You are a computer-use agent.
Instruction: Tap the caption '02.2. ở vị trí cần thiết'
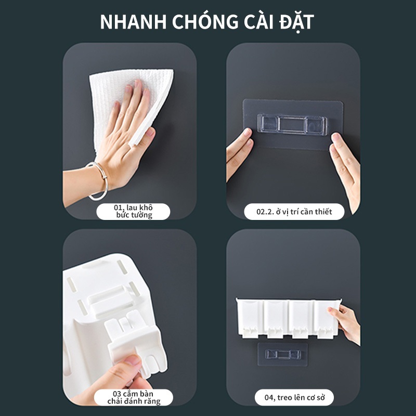(294, 212)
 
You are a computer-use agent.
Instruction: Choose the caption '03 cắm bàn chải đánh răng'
(134, 397)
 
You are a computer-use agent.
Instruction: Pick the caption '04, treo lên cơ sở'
(294, 397)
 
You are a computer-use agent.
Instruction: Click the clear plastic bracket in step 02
(292, 125)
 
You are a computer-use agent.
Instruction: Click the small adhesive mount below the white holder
(283, 354)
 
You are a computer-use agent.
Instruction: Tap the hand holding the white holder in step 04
(345, 323)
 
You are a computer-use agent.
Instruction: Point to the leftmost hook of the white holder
(250, 332)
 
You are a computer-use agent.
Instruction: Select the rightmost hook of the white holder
(326, 332)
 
